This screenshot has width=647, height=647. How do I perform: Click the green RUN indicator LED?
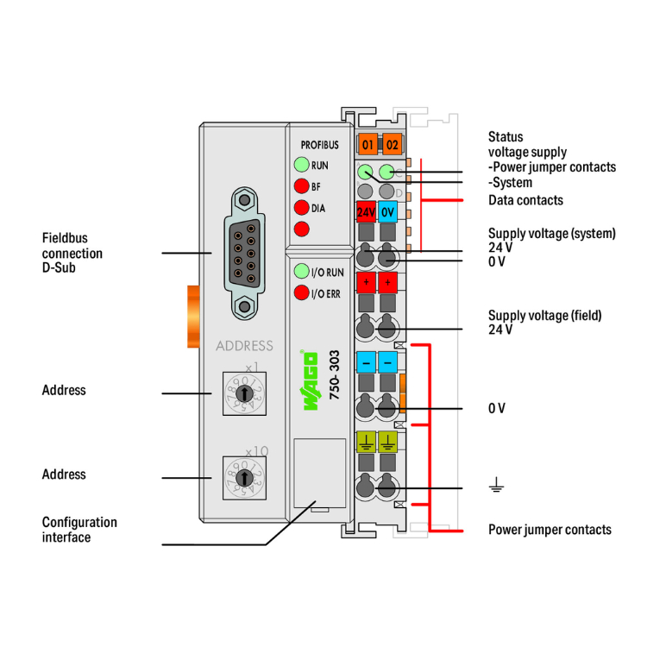tap(301, 164)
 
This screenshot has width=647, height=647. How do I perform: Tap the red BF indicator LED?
tap(301, 186)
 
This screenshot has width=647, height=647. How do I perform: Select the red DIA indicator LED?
tap(301, 208)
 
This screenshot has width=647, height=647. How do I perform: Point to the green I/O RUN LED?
tap(301, 272)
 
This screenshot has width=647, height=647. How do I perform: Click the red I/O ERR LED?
tap(301, 293)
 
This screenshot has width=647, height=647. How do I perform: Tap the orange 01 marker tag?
tap(368, 144)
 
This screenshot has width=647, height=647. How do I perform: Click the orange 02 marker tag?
tap(393, 144)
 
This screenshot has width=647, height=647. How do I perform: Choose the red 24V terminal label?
tap(365, 210)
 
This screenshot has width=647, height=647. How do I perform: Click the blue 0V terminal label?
tap(388, 210)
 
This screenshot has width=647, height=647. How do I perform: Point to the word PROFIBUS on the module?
tap(319, 144)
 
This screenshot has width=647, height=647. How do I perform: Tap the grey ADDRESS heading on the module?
tap(244, 346)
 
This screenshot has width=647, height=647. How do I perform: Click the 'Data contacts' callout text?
tap(525, 200)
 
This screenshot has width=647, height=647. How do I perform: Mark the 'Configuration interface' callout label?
tap(79, 530)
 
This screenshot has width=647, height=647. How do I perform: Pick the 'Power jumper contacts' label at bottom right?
tap(550, 529)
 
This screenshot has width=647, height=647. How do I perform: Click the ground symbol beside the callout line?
tap(496, 488)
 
